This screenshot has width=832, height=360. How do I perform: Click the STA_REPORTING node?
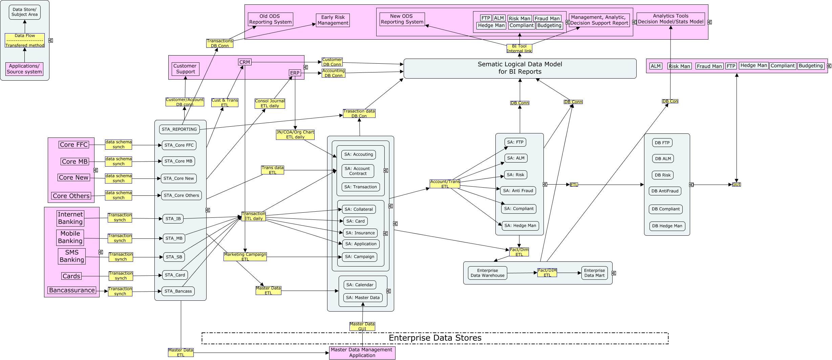179,129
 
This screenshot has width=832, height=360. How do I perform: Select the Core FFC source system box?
74,145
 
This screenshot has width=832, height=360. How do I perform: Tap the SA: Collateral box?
359,209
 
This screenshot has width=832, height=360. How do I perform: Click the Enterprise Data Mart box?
594,273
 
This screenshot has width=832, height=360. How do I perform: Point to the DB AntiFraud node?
665,191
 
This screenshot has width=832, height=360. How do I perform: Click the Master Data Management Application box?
362,353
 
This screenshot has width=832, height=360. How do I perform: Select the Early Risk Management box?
333,20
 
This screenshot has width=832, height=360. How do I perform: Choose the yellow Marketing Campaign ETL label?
245,257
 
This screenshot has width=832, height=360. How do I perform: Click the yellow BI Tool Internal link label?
519,48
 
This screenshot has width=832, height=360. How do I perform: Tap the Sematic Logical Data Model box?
520,68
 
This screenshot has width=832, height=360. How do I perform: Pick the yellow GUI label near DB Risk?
736,185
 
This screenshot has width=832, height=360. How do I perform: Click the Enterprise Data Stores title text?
435,338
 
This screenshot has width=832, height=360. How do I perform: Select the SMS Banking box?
71,256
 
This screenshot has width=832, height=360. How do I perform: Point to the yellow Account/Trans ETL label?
445,184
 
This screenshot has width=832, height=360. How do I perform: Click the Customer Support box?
185,69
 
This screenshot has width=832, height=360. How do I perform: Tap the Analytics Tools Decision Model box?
670,19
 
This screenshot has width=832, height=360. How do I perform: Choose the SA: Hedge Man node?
520,226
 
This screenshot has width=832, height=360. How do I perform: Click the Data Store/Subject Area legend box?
25,12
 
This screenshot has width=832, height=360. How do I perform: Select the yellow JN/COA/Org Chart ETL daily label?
295,135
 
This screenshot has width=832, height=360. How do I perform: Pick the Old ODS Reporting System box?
270,19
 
